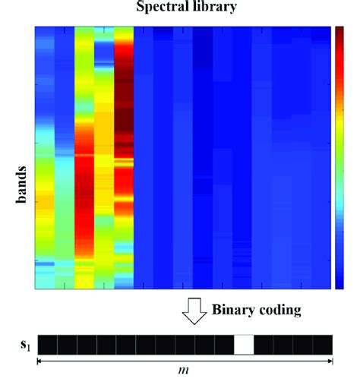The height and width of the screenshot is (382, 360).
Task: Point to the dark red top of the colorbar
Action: (339, 34)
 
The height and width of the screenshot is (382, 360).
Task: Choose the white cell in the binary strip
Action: (244, 344)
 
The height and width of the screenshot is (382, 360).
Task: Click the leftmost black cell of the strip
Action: (46, 344)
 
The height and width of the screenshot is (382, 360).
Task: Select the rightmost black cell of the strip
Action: (323, 344)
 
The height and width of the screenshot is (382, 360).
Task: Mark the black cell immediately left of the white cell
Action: (224, 344)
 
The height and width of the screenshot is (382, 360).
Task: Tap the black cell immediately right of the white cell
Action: (264, 344)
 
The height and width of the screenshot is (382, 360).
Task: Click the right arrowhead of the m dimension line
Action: (330, 361)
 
